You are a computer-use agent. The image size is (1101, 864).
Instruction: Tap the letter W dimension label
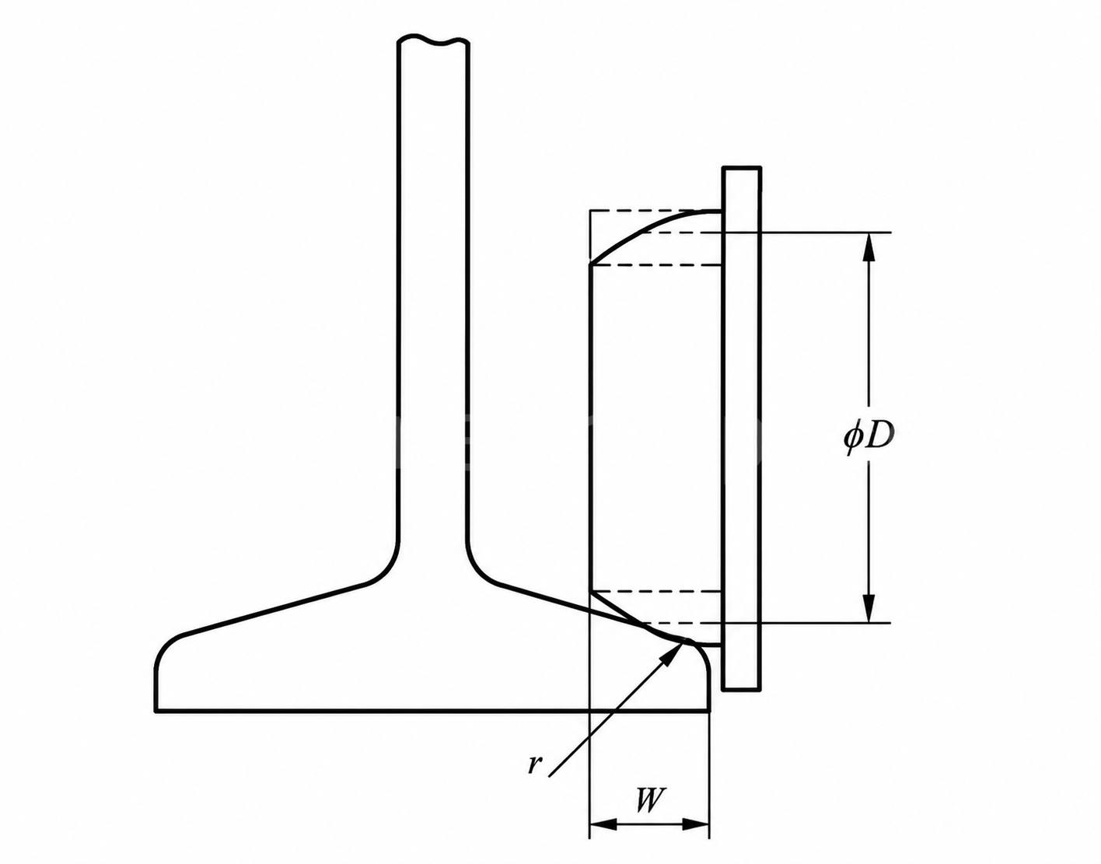649,800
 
